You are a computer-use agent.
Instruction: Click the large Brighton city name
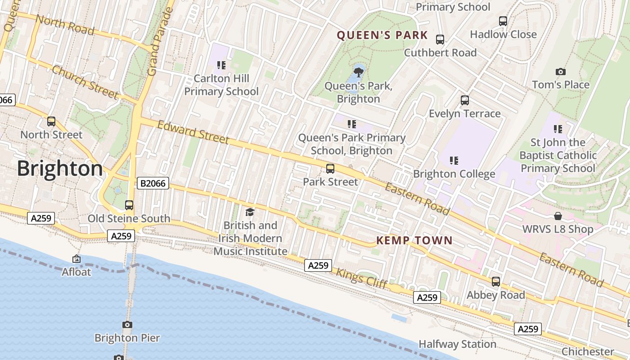[x=60, y=169]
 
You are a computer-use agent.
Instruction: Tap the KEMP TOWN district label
[x=414, y=241]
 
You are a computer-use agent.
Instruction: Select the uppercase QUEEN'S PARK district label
[x=382, y=35]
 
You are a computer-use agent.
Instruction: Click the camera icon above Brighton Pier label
[x=127, y=324]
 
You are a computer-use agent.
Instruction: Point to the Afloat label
[x=76, y=272]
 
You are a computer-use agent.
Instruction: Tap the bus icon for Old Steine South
[x=129, y=205]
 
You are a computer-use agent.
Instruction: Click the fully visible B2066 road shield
[x=153, y=183]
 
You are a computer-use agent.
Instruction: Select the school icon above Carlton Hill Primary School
[x=221, y=65]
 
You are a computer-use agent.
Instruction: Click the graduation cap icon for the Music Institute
[x=250, y=212]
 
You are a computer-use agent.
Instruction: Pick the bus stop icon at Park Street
[x=330, y=169]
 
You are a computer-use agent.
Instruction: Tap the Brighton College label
[x=454, y=174]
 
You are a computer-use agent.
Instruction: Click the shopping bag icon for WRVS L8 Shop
[x=558, y=216]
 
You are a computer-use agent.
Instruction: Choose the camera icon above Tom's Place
[x=560, y=72]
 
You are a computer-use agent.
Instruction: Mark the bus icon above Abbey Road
[x=496, y=282]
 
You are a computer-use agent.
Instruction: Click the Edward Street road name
[x=193, y=132]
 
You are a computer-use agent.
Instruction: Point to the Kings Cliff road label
[x=361, y=278]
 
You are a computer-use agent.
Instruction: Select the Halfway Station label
[x=457, y=344]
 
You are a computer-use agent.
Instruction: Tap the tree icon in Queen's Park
[x=359, y=72]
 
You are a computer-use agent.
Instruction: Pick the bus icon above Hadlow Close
[x=503, y=21]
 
